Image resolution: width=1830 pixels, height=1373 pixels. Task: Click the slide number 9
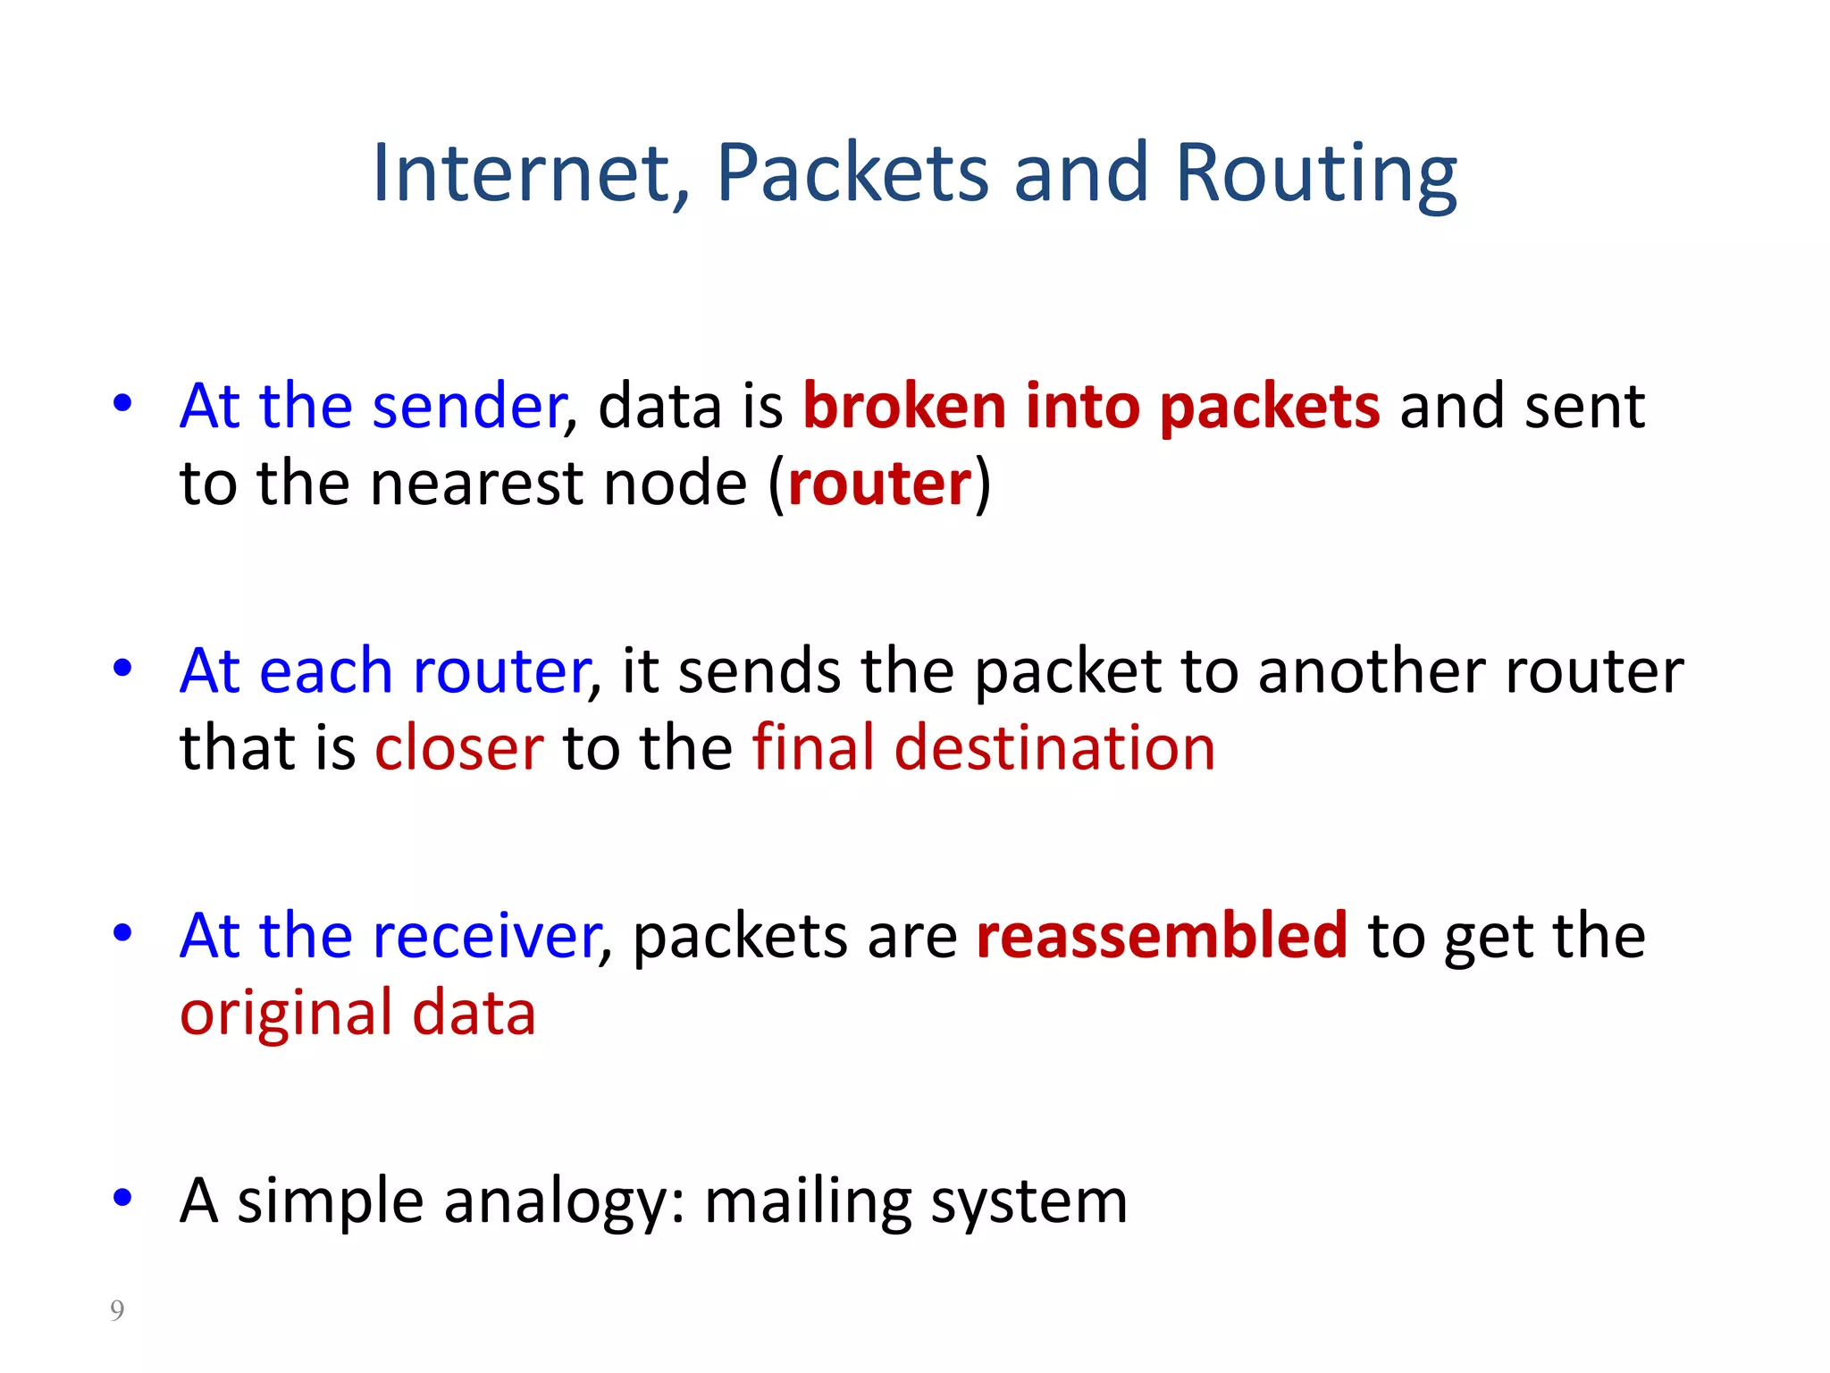pos(117,1310)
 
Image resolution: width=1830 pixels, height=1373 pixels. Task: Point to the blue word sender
pos(469,407)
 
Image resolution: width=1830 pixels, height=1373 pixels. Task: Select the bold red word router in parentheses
pos(879,484)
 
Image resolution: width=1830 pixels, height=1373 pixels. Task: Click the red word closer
pos(459,748)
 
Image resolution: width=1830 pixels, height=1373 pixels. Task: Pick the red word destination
pos(1054,748)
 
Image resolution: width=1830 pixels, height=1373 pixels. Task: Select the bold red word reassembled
pos(1162,936)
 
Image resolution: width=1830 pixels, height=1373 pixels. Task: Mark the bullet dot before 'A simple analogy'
pos(123,1198)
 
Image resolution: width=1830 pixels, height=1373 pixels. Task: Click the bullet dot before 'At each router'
pos(123,668)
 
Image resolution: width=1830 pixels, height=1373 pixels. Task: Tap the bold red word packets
pos(1270,407)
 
